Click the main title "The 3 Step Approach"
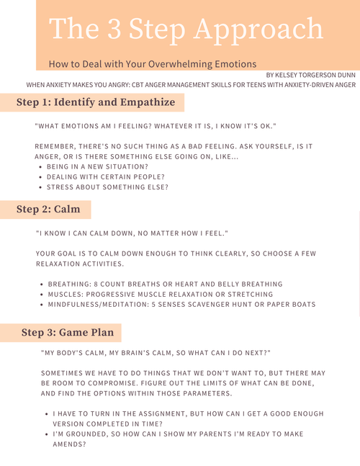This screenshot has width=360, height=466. click(186, 30)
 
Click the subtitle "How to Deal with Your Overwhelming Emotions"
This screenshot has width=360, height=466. click(153, 63)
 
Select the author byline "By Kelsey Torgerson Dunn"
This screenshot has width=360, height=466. click(310, 75)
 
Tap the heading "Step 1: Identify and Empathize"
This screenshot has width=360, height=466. click(96, 102)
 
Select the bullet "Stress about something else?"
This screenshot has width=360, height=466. click(108, 187)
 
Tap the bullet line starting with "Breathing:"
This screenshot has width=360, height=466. click(165, 284)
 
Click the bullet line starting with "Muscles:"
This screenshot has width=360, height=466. click(160, 295)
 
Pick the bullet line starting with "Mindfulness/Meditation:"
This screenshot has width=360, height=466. click(181, 305)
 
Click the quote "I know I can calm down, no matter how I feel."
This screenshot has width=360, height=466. click(132, 233)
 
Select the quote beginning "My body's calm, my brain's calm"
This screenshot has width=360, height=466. click(156, 353)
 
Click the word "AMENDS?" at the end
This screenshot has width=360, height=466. click(70, 444)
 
